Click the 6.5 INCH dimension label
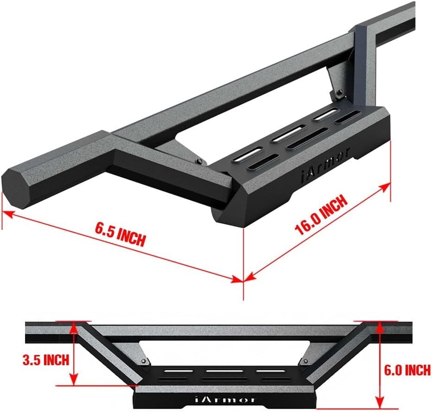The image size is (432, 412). click(120, 235)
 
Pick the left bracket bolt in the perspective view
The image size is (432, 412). click(199, 161)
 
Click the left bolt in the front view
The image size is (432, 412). click(144, 361)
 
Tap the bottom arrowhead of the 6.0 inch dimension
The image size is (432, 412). click(379, 404)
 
